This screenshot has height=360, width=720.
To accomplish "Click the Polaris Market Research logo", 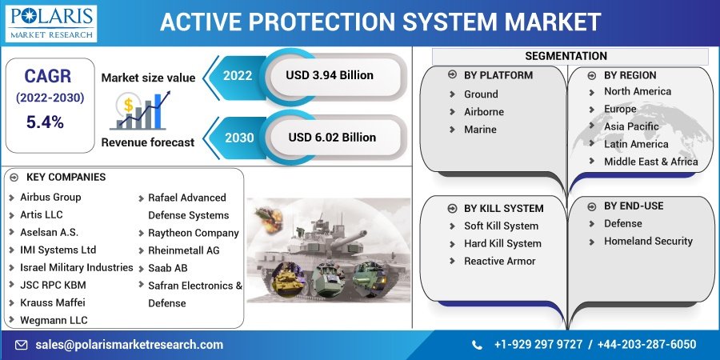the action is [x=51, y=23].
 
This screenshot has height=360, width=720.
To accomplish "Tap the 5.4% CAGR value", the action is [x=45, y=122].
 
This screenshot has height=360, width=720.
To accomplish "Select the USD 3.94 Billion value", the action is [x=330, y=75].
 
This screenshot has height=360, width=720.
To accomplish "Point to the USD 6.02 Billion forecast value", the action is [x=332, y=138].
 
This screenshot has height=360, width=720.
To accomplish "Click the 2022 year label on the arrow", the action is [x=238, y=76].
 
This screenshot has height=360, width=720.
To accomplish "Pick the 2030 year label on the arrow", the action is [x=239, y=138].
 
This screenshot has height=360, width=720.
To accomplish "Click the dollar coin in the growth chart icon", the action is [x=128, y=105].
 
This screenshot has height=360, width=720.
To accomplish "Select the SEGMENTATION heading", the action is [x=566, y=56].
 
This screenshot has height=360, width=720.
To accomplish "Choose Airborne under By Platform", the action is [x=484, y=112].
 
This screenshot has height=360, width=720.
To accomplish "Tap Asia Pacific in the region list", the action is [x=631, y=126].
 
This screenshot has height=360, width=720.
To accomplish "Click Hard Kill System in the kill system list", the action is [x=503, y=244].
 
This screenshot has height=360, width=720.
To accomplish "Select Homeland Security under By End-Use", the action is [x=648, y=242].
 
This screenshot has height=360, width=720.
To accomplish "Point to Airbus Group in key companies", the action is [x=50, y=198].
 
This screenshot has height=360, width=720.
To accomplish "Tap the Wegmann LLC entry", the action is [x=54, y=321].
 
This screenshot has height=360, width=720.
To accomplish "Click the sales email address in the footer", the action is [x=130, y=344].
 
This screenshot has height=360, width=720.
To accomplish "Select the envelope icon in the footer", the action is [x=21, y=345].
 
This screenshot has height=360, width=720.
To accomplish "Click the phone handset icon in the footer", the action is [x=478, y=345].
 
